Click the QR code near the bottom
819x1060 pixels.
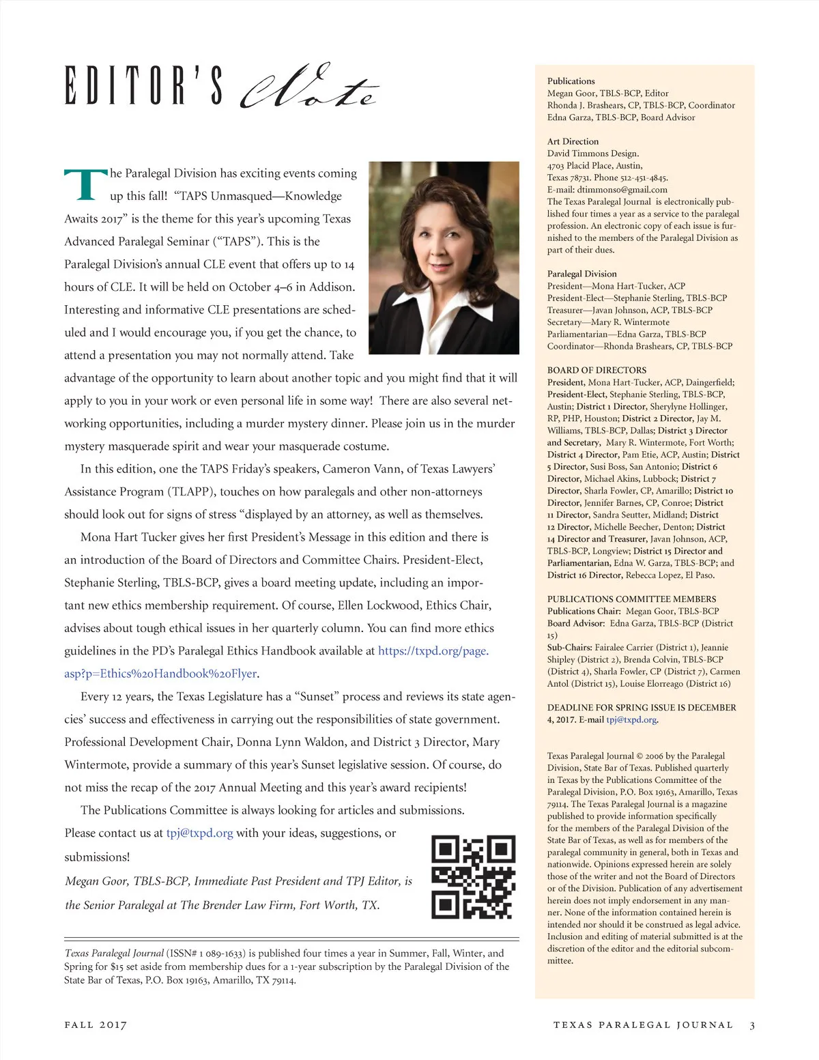point(473,878)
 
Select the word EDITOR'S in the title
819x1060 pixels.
point(144,87)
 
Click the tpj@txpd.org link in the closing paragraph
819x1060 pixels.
point(200,833)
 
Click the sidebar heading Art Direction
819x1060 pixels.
point(573,142)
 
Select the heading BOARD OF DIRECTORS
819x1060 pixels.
point(597,370)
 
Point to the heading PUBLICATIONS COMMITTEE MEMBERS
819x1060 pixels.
point(631,599)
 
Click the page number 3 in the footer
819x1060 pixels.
point(752,1025)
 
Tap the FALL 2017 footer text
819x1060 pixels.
point(96,1025)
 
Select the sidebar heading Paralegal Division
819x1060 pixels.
point(581,274)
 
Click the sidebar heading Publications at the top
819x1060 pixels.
point(571,81)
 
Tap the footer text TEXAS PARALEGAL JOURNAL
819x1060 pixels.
point(643,1025)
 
